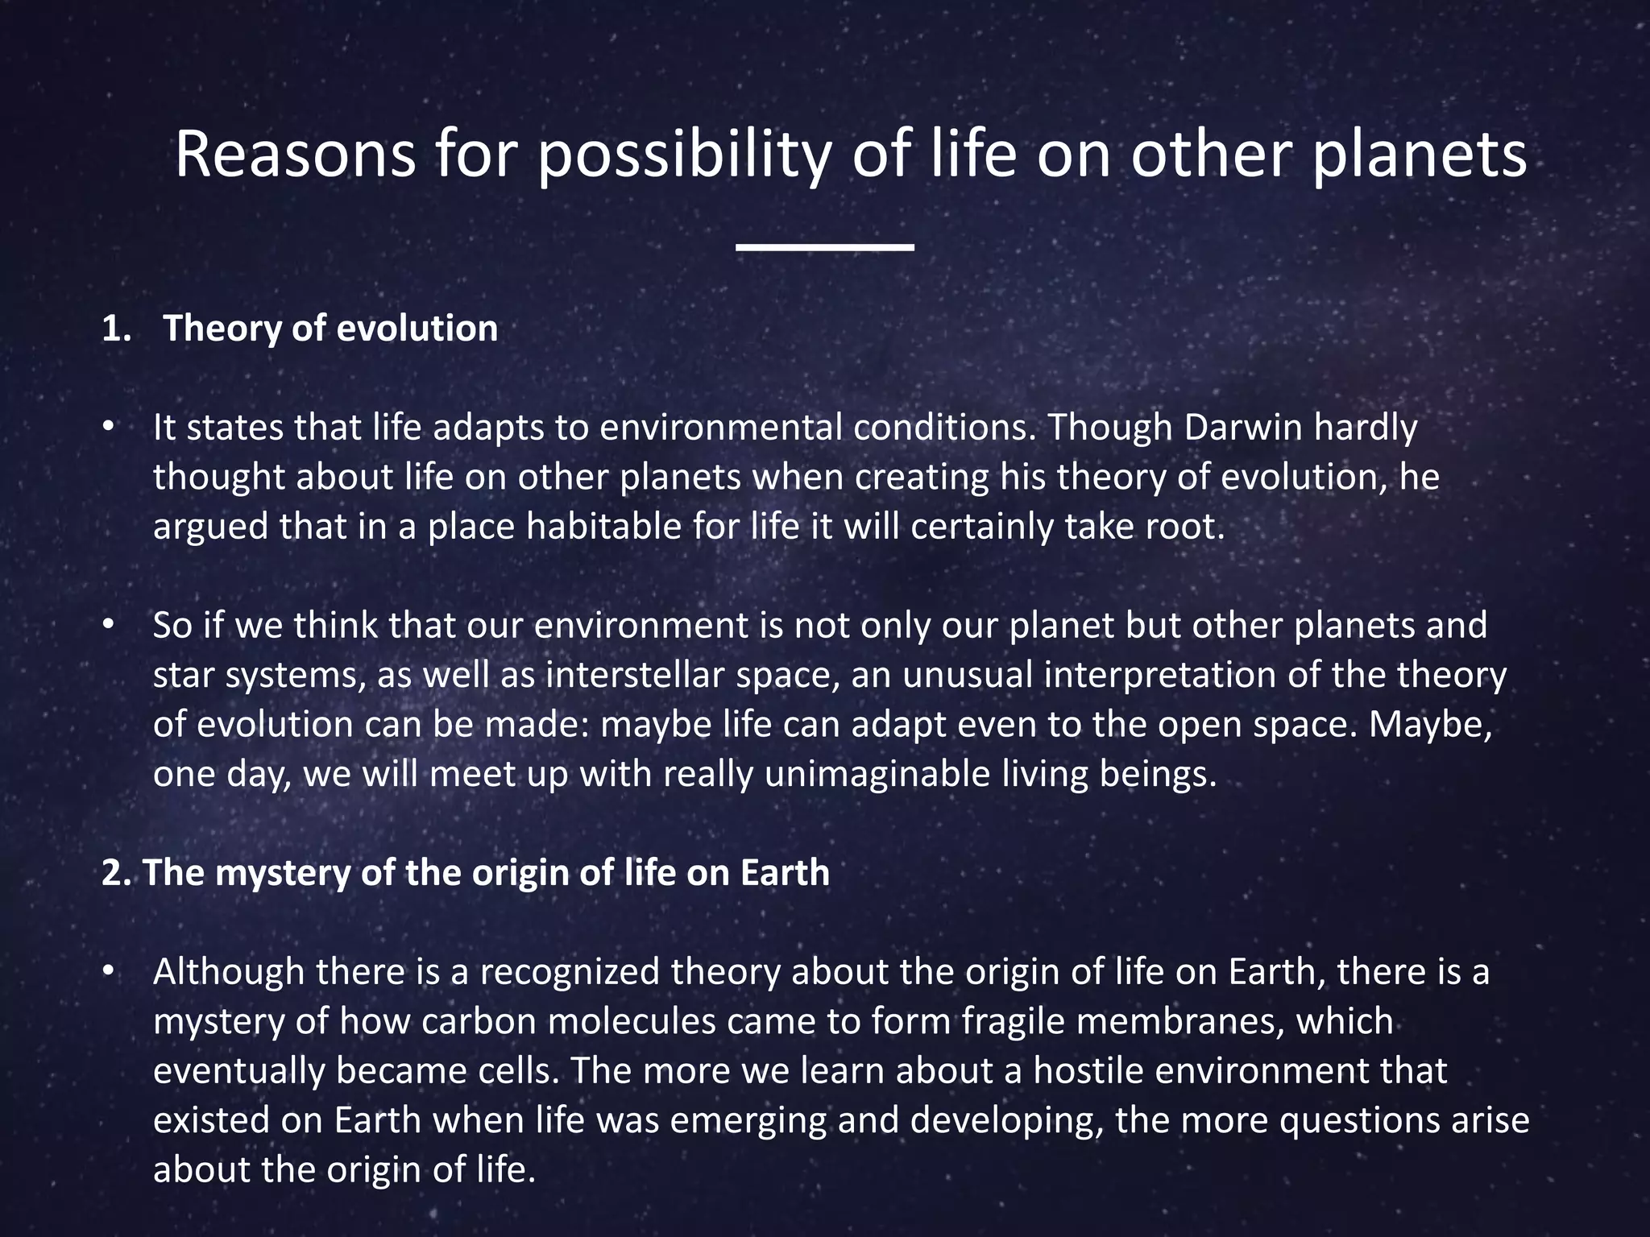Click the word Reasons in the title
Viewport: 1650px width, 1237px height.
295,155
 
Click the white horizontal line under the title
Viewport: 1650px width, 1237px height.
824,247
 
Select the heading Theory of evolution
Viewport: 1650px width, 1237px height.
330,329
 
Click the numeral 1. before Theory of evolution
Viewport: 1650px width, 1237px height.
116,329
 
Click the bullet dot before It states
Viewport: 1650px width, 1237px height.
108,428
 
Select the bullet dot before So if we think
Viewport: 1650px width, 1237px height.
108,626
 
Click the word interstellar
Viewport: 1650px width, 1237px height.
636,675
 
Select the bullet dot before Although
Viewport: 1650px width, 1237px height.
108,972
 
